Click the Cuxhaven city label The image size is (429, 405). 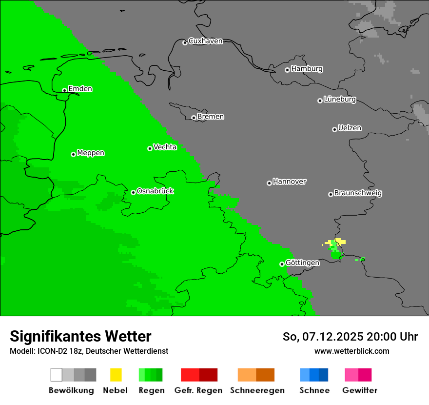click(x=205, y=41)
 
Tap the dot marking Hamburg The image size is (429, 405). click(x=287, y=70)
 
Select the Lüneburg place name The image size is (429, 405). click(x=340, y=100)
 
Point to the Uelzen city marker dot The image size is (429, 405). click(x=334, y=129)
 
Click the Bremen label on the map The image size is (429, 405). click(x=211, y=117)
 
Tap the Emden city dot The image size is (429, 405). click(x=64, y=90)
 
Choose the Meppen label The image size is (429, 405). click(x=91, y=153)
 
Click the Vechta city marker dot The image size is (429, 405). click(x=150, y=148)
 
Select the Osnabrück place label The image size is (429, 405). click(x=155, y=191)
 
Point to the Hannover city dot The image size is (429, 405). click(x=269, y=183)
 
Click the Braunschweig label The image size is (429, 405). click(x=358, y=193)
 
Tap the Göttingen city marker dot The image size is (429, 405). click(x=282, y=264)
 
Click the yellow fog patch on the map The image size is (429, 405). click(x=339, y=242)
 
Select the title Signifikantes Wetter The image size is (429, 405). click(x=80, y=336)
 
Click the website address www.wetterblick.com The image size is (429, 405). click(x=351, y=351)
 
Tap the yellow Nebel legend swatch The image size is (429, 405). click(x=116, y=375)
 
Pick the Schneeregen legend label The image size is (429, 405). click(x=257, y=390)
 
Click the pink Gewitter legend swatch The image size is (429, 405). click(x=351, y=375)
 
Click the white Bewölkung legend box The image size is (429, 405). click(x=57, y=375)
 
